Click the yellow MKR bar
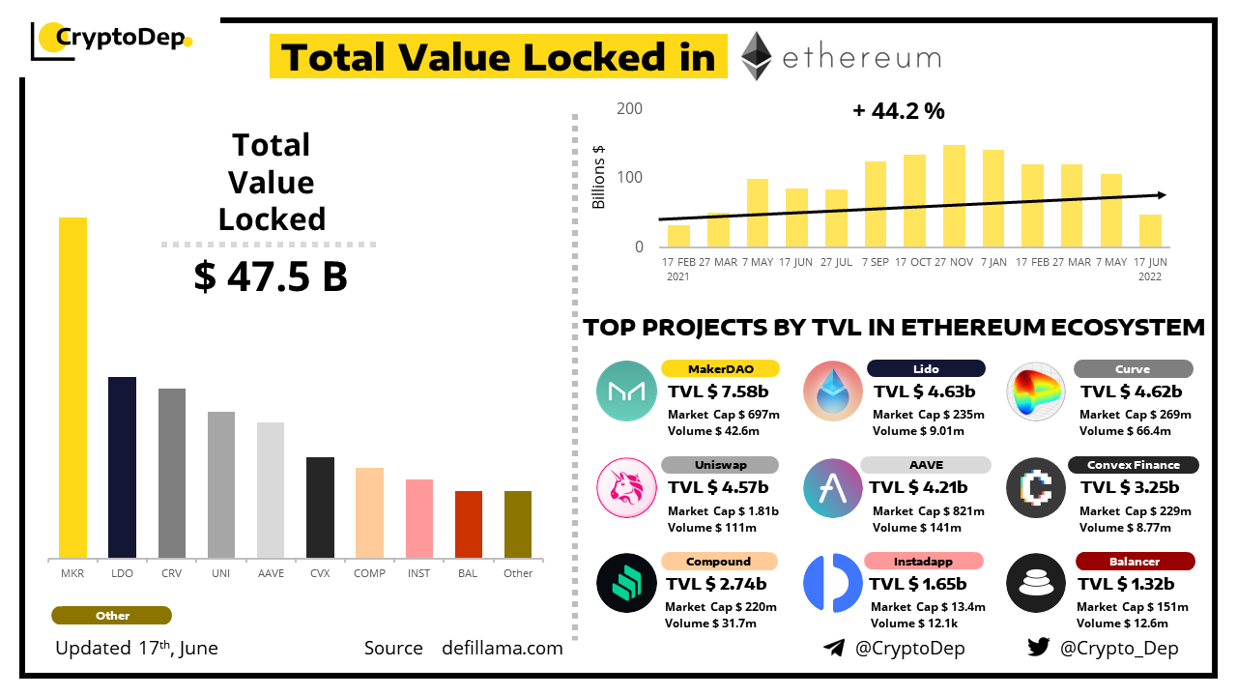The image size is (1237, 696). point(72,387)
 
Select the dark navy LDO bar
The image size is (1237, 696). point(122,467)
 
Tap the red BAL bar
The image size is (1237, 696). point(469,524)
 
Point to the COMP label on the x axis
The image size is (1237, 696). point(369,573)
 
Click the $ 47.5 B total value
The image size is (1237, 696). point(271,276)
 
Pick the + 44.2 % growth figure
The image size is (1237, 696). point(898,111)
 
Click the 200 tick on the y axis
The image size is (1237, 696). point(629,108)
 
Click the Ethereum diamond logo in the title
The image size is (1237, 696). point(756,56)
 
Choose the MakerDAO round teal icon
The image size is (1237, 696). point(625,391)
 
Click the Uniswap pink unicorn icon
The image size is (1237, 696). point(625,487)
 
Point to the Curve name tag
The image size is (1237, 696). point(1133,368)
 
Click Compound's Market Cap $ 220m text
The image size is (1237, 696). point(721,607)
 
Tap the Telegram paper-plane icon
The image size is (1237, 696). point(833,648)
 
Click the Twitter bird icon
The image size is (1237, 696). point(1038,648)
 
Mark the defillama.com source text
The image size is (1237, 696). point(502,649)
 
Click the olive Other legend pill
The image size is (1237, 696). point(112,616)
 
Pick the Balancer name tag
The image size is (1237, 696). point(1135,562)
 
